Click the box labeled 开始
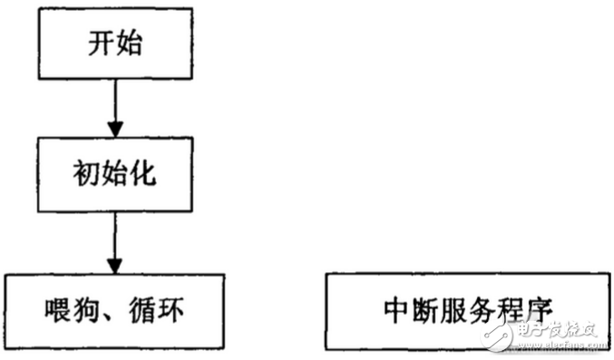click(x=115, y=44)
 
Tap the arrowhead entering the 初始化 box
click(x=115, y=130)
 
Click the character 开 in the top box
click(x=99, y=44)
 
